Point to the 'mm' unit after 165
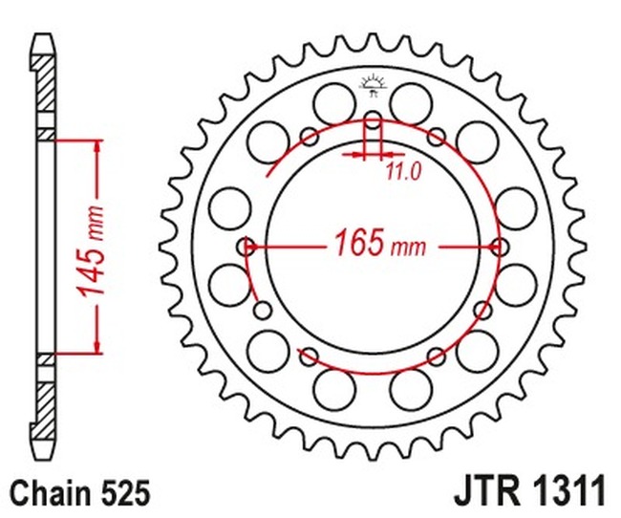tap(407, 248)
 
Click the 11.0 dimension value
tap(403, 172)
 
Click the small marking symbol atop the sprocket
tap(372, 88)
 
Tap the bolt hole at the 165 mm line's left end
tap(247, 246)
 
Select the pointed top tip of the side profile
tap(43, 37)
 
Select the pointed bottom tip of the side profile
tap(43, 456)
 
